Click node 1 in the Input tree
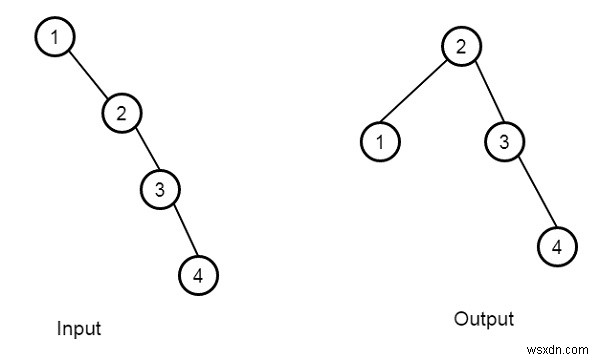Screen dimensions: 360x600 [56, 38]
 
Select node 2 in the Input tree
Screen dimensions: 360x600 [119, 112]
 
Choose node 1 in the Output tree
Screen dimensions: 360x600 [380, 142]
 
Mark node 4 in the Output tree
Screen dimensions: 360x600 [557, 244]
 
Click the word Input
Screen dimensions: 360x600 [79, 328]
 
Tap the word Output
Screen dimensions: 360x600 [483, 320]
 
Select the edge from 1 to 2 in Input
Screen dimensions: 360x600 [88, 75]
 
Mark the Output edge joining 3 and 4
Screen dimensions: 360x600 [529, 193]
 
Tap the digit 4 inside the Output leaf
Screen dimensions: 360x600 [557, 244]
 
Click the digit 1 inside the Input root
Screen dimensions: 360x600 [56, 38]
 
